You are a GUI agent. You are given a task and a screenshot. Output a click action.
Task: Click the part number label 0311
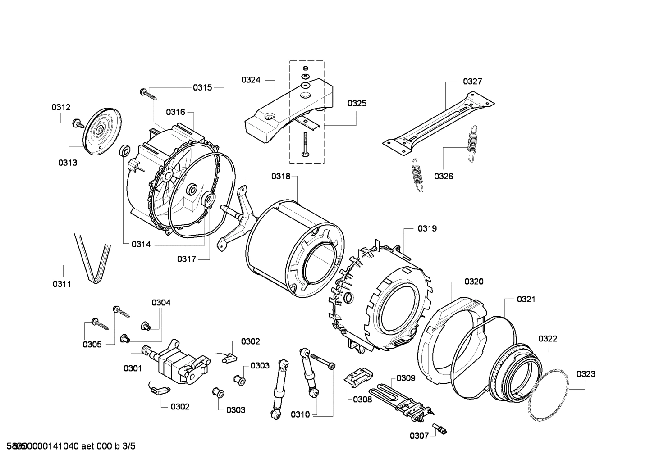click(x=62, y=284)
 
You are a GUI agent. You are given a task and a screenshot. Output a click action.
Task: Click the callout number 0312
click(x=61, y=107)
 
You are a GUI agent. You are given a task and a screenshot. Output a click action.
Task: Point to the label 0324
click(x=251, y=80)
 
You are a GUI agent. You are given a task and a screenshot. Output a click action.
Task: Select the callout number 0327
click(x=472, y=81)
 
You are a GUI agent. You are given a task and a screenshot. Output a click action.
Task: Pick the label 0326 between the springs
click(x=444, y=176)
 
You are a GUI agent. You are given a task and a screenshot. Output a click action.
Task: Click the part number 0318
click(x=281, y=177)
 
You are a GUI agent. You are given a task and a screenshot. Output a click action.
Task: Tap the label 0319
click(x=427, y=228)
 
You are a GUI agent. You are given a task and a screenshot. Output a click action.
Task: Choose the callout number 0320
click(x=474, y=282)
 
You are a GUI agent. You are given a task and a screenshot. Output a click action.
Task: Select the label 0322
click(x=547, y=338)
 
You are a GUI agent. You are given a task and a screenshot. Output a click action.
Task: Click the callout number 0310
click(x=300, y=414)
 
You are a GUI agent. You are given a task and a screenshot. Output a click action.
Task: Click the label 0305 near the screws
click(x=92, y=344)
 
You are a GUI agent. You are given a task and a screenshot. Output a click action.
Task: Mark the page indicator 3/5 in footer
click(x=129, y=446)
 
